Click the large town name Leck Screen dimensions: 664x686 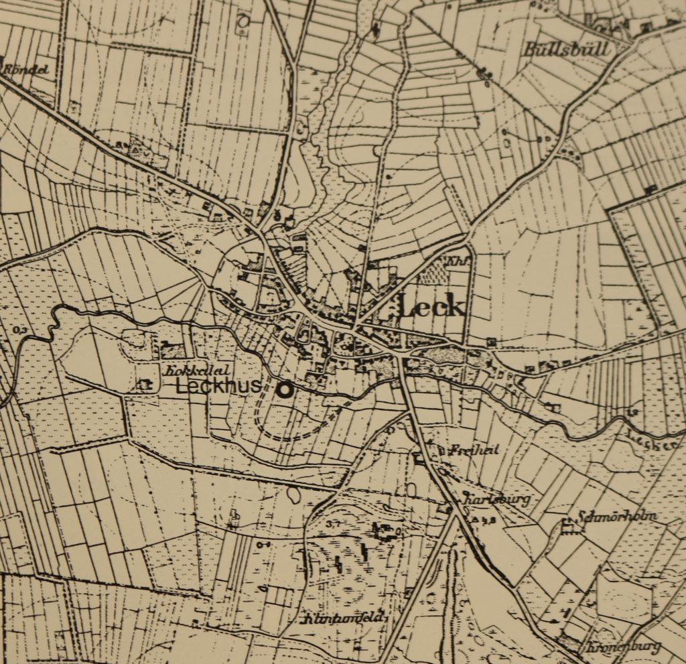(431, 307)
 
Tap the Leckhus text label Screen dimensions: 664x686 (218, 387)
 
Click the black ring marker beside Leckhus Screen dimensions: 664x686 (287, 391)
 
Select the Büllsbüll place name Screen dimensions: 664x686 (567, 50)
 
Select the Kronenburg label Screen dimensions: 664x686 (622, 647)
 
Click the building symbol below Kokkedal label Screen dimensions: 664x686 (143, 385)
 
